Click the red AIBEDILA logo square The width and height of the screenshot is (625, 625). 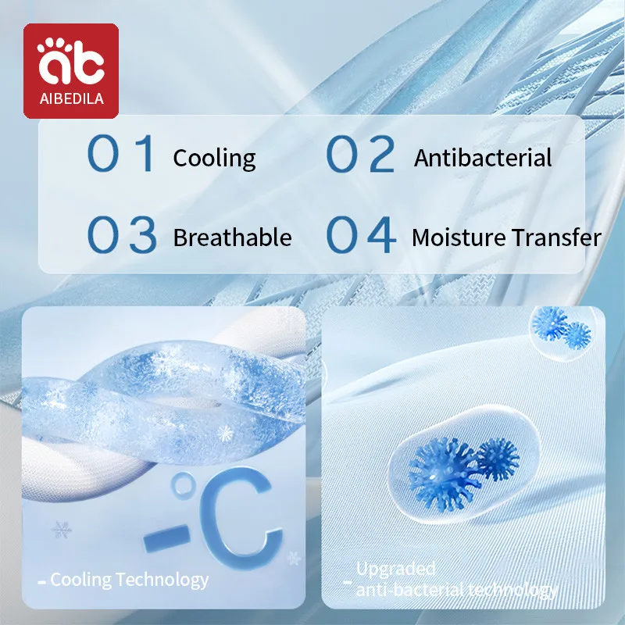[71, 71]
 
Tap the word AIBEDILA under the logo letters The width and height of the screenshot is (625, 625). [72, 98]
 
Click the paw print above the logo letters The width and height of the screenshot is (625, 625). [55, 45]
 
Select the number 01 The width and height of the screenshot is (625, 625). [120, 153]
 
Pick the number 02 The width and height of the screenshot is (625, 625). [360, 153]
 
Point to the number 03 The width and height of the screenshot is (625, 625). [122, 234]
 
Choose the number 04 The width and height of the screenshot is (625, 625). [361, 234]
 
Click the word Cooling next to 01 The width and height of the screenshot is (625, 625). [214, 159]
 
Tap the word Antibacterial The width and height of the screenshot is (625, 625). [483, 158]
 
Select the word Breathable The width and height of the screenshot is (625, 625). [232, 237]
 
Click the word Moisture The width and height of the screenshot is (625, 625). [459, 237]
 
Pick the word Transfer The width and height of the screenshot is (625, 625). [556, 237]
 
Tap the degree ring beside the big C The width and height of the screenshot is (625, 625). [183, 485]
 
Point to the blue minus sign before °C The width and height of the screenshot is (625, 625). [167, 538]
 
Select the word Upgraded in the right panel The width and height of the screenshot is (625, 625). [395, 569]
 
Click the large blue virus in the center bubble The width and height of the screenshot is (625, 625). [443, 474]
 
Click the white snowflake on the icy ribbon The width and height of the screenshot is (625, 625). [225, 434]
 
